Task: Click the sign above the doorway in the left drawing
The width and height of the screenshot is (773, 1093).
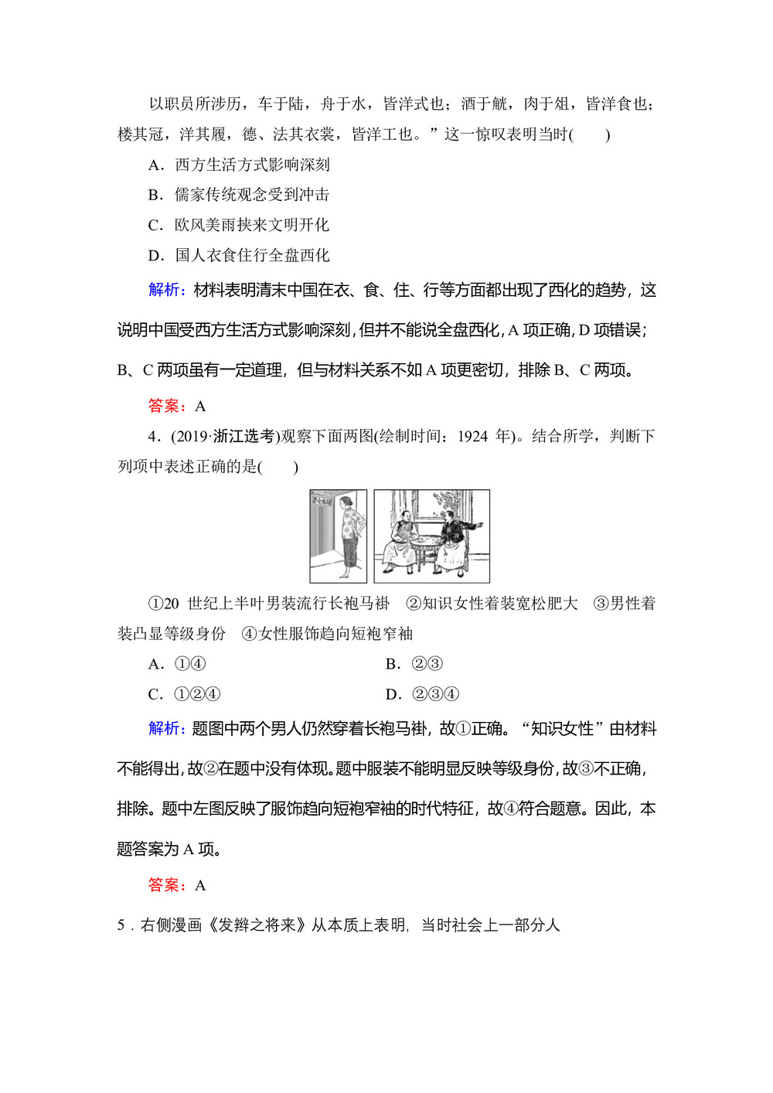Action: click(322, 501)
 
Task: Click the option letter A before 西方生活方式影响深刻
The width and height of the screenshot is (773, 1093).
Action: click(155, 165)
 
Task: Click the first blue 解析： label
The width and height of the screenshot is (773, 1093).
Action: click(167, 290)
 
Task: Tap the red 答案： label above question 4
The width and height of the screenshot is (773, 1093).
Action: click(167, 406)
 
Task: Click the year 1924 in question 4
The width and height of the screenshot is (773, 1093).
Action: click(473, 437)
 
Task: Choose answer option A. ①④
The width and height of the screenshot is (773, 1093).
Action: click(177, 664)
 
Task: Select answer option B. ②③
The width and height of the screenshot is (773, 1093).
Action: click(414, 664)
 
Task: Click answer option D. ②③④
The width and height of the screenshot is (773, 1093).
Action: click(422, 694)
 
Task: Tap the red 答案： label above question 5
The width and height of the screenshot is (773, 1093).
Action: click(167, 885)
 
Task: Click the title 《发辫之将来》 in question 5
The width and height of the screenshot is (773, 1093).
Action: click(256, 925)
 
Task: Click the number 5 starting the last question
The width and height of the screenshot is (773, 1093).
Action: click(121, 925)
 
